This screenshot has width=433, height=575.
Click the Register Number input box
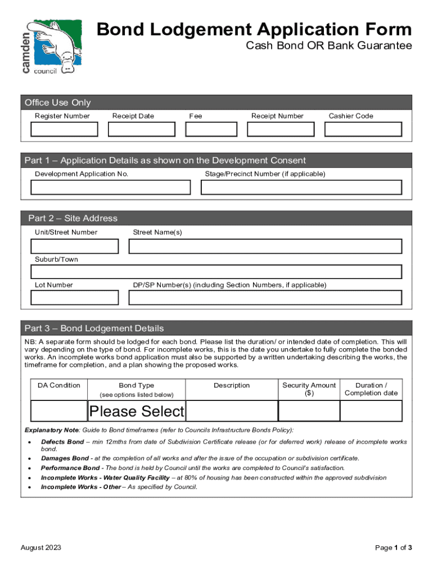click(x=64, y=129)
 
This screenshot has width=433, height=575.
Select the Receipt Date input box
click(x=142, y=129)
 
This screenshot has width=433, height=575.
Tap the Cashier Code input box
click(x=363, y=129)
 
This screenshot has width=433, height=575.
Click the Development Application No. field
click(x=110, y=188)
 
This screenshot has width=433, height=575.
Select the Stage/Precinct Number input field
click(x=301, y=188)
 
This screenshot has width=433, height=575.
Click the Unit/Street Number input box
click(x=75, y=247)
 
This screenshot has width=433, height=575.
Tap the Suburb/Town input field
click(x=216, y=272)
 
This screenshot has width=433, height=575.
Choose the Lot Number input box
click(x=75, y=298)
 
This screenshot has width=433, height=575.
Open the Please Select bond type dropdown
click(x=137, y=411)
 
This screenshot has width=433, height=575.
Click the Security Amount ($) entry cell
click(x=309, y=411)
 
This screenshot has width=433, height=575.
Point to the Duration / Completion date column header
click(x=371, y=389)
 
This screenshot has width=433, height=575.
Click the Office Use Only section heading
click(x=57, y=102)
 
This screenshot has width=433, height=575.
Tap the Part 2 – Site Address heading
click(x=73, y=218)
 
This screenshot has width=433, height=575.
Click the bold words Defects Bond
click(x=62, y=442)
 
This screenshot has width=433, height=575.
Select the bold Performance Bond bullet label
click(x=71, y=468)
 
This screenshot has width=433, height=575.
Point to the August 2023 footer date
click(x=41, y=547)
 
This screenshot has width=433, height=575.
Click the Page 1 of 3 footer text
click(x=394, y=547)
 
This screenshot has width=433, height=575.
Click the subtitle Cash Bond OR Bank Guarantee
click(x=329, y=45)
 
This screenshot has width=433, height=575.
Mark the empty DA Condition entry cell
click(x=59, y=411)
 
